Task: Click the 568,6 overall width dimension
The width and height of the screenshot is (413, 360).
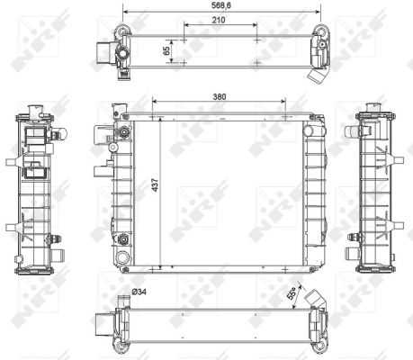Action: point(221,5)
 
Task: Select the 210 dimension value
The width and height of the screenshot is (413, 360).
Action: point(219,20)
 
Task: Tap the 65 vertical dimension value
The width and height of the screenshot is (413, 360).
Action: point(166,50)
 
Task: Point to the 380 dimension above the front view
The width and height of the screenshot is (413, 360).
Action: point(220,97)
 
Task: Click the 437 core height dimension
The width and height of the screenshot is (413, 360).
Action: point(155,185)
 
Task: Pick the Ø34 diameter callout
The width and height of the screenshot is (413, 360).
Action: point(139,292)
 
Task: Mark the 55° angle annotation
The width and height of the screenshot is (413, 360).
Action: point(291,292)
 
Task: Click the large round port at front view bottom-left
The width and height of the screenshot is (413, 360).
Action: point(122,257)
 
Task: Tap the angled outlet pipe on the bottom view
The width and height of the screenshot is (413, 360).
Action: point(314,299)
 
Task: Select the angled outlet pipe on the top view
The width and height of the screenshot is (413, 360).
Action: point(317,76)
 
